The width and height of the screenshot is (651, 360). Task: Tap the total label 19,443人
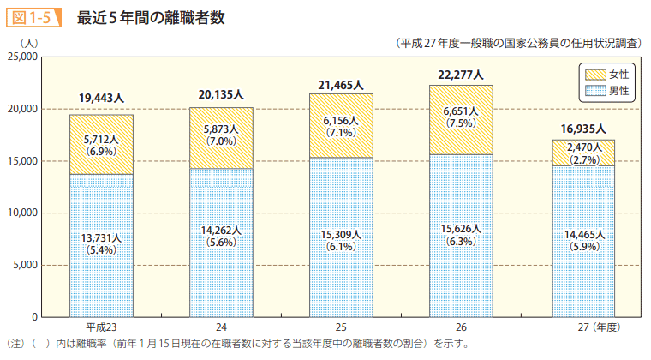point(101,99)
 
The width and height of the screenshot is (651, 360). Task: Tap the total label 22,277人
point(461,75)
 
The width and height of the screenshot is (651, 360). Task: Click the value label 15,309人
point(341,235)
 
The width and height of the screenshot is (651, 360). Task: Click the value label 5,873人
point(221,129)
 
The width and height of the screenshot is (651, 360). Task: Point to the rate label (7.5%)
point(461,123)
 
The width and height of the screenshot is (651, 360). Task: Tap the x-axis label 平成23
point(101,328)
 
